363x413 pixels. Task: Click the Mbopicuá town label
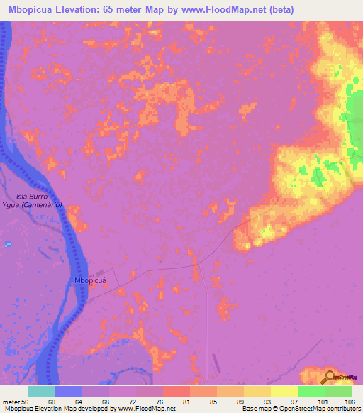(x=90, y=281)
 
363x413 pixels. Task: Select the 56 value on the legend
(x=28, y=402)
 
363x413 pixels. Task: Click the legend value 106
(x=349, y=402)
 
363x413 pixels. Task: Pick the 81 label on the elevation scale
(x=189, y=402)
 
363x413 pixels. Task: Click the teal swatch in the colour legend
(x=42, y=391)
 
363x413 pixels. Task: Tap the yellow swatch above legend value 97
(x=284, y=391)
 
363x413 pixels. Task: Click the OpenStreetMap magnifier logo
(x=330, y=377)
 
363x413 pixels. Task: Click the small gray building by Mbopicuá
(x=104, y=272)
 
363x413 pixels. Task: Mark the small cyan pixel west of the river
(x=7, y=244)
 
